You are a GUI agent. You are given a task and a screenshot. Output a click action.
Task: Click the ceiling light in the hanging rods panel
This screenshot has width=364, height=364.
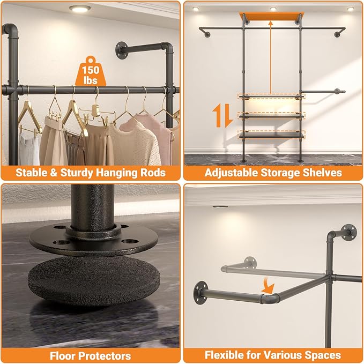[x=80, y=9]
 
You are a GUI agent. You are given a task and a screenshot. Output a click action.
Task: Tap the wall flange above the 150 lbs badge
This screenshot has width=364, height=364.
[x=122, y=50]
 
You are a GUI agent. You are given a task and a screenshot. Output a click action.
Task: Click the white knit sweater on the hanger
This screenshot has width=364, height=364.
[x=136, y=144]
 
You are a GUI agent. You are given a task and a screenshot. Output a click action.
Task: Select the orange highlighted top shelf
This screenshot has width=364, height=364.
[x=271, y=16]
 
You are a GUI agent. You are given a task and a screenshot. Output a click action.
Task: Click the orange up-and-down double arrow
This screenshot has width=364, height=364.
[x=222, y=115]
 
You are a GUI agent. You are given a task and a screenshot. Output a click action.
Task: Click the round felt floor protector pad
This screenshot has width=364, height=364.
[x=94, y=281]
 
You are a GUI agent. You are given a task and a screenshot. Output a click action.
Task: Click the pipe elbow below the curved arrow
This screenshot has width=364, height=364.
[x=270, y=299]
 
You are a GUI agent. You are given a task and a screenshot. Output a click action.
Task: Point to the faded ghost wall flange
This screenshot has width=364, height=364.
[x=250, y=263]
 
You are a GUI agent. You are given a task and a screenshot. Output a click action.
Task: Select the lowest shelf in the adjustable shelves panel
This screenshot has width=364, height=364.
[x=271, y=135]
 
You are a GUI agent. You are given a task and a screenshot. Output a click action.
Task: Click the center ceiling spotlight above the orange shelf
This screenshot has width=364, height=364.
[x=273, y=9]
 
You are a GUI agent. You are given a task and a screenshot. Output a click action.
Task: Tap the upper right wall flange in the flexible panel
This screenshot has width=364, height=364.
[x=349, y=233]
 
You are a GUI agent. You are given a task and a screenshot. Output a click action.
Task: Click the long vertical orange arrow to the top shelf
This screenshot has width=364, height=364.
[x=270, y=57]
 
